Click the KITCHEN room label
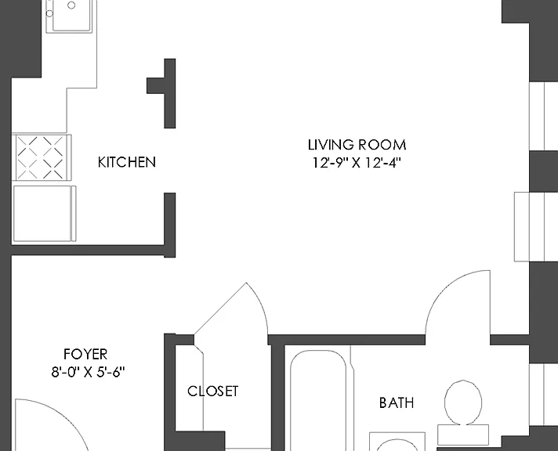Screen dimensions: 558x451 127,162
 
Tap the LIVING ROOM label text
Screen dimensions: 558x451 357,145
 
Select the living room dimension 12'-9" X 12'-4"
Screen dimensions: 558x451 357,163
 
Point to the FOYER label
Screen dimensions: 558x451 85,354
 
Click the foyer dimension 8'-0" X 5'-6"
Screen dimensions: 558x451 89,372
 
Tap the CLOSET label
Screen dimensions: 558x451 213,391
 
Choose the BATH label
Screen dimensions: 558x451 397,403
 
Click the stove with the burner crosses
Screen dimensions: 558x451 42,157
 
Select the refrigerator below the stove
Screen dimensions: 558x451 45,214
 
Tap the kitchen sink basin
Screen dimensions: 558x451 73,16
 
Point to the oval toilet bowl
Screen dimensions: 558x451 463,402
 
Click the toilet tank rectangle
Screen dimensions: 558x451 463,435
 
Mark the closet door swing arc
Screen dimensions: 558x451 261,305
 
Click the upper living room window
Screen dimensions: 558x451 543,116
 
